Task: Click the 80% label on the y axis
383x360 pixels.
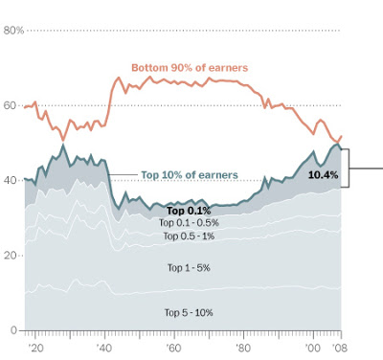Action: click(12, 30)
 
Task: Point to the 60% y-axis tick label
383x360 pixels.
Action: click(12, 105)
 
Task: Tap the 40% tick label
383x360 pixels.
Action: click(12, 180)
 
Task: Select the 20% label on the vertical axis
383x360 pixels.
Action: click(12, 256)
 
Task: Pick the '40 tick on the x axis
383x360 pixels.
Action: click(103, 347)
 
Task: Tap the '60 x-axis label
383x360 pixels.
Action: click(173, 347)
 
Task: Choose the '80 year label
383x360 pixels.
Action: click(243, 347)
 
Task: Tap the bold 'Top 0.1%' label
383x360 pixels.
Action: click(188, 211)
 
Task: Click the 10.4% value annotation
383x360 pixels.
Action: click(323, 175)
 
